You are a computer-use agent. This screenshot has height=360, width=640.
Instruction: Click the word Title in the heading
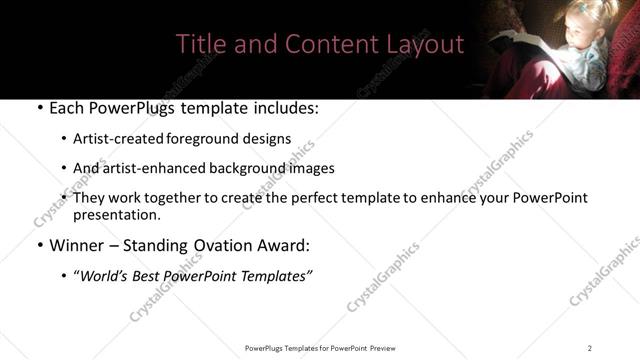[199, 44]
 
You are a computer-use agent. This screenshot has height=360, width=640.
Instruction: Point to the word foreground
[204, 139]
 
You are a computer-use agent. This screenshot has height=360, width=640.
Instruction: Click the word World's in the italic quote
[108, 276]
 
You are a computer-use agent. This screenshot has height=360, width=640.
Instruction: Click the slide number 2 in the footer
[590, 347]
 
